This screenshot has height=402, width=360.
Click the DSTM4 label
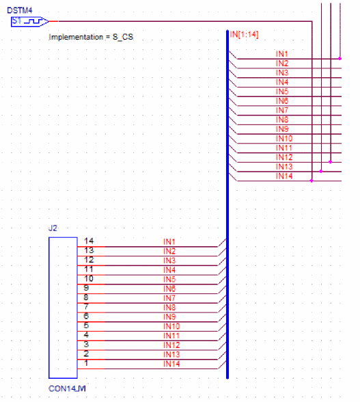tap(20, 10)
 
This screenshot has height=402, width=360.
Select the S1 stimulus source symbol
tap(29, 22)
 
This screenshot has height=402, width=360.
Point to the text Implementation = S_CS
tap(91, 37)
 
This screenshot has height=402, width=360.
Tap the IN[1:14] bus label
tap(244, 34)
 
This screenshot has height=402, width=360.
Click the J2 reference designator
tap(53, 228)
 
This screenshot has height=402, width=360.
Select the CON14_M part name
tap(67, 388)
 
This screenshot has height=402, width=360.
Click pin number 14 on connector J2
tap(89, 241)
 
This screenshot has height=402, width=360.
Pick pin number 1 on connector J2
tap(86, 363)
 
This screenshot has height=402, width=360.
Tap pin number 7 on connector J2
tap(86, 306)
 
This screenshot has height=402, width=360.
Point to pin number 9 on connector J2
tap(86, 288)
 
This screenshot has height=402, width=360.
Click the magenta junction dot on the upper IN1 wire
tap(340, 59)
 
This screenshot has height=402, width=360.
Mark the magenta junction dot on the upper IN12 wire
tap(331, 162)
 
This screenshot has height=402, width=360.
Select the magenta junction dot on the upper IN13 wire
tap(321, 171)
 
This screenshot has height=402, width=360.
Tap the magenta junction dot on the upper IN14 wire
tap(311, 180)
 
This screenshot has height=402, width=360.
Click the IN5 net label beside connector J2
tap(169, 280)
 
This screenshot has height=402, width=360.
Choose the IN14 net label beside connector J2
tap(171, 364)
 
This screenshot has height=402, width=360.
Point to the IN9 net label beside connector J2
tap(169, 317)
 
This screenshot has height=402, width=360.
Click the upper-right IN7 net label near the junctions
tap(282, 110)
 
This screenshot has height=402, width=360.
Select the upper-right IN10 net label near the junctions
tap(284, 138)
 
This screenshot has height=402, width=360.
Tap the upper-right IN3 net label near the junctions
tap(282, 72)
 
